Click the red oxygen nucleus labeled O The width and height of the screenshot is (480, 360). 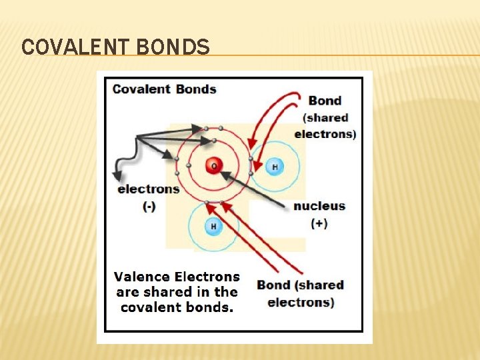click(x=213, y=165)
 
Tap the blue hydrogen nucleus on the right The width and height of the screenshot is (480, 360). click(x=273, y=167)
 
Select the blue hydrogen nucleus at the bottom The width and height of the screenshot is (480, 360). click(x=213, y=226)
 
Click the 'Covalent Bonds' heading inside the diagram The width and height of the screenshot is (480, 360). click(x=164, y=89)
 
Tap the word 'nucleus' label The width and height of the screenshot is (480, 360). click(x=319, y=205)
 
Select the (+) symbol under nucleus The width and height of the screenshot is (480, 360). click(x=319, y=223)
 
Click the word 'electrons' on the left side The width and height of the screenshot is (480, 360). click(x=148, y=189)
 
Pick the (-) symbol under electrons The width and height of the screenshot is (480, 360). click(x=149, y=207)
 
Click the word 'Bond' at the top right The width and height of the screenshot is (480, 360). click(x=325, y=101)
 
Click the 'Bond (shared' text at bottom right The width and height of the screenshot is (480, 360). click(x=301, y=285)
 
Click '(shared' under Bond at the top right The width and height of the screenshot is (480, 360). click(x=325, y=117)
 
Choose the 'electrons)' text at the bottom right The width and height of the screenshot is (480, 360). click(x=301, y=302)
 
